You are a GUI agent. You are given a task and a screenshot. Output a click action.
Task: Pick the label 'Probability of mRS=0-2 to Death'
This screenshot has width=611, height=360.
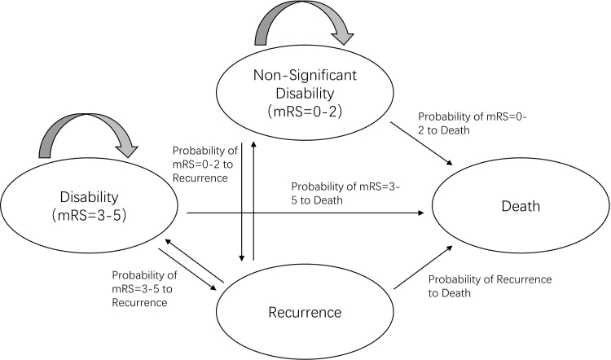[462, 125]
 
